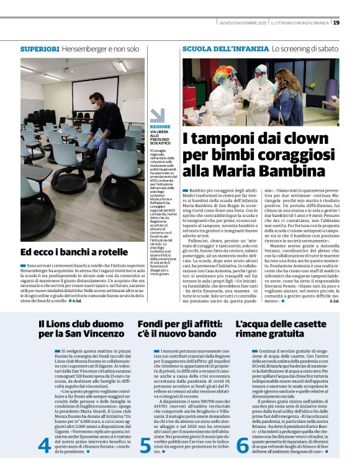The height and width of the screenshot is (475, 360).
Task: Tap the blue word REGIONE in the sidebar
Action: [x=160, y=127]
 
